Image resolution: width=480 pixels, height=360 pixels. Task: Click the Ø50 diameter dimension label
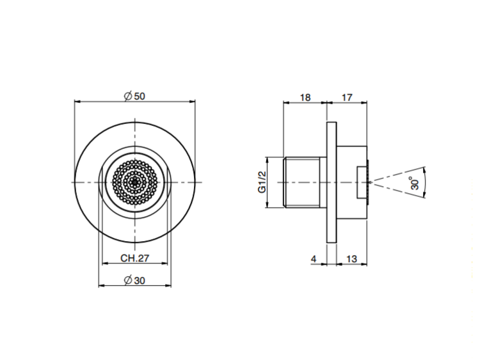134,96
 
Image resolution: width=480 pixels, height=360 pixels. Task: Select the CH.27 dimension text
134,258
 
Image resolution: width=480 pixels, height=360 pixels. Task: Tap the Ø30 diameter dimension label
134,280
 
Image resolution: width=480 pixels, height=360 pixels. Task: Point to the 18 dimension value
305,97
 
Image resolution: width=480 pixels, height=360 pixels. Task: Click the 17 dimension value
347,97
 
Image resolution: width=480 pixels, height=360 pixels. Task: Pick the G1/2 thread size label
262,182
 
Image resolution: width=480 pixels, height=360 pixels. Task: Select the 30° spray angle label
415,183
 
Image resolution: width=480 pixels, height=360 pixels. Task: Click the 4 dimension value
314,259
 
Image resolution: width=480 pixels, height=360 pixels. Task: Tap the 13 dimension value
352,259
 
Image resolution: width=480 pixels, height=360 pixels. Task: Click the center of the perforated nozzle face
135,182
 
